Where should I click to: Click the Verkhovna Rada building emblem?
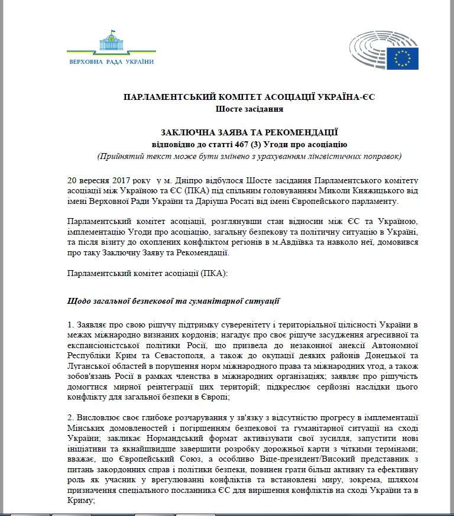(x=111, y=43)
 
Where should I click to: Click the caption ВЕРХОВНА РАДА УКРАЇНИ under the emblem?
(x=111, y=61)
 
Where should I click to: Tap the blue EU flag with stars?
(x=403, y=58)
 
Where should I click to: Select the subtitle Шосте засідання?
(x=249, y=109)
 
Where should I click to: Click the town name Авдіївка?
(x=287, y=242)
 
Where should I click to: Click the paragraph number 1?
(x=70, y=325)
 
